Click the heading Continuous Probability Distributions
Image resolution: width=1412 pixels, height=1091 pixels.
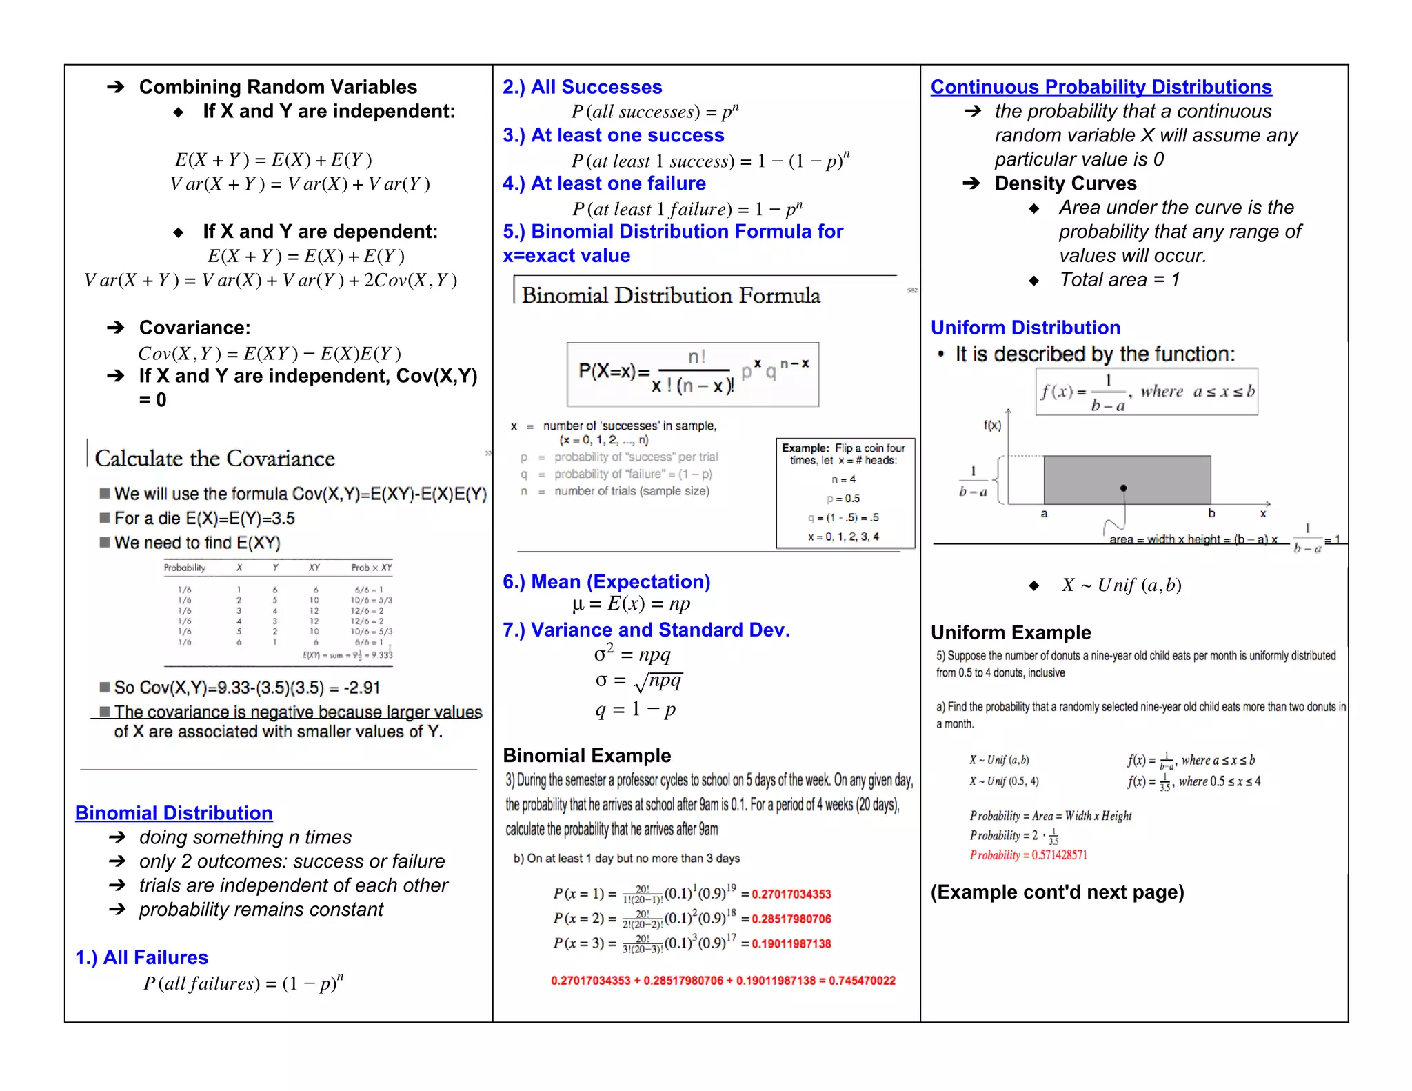pos(1100,87)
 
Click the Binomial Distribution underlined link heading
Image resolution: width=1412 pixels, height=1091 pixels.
pos(174,813)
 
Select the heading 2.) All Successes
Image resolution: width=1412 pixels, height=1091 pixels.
pos(582,87)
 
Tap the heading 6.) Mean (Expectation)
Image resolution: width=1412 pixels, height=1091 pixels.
pos(606,581)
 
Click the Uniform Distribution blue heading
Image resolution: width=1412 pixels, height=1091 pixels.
pos(1025,328)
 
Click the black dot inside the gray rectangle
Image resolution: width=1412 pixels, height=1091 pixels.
pos(1124,488)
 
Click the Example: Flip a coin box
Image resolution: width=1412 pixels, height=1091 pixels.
pos(845,492)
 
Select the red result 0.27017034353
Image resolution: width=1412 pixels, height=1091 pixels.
pos(791,894)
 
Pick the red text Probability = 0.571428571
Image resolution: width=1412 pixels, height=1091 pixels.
pos(1028,855)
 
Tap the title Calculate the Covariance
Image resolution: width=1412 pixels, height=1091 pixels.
pos(214,459)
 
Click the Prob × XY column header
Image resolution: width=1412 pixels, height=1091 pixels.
pos(372,568)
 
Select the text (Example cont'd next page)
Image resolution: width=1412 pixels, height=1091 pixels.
pos(1057,892)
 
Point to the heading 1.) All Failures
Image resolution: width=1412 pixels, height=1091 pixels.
pos(141,957)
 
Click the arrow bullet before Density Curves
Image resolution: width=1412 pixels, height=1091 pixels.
pos(971,183)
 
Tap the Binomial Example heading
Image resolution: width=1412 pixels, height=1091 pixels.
pos(587,756)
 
